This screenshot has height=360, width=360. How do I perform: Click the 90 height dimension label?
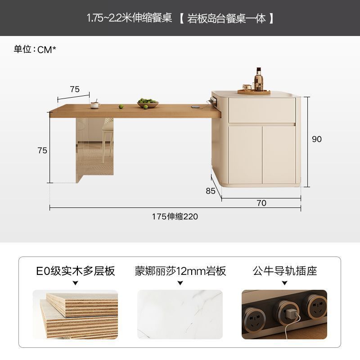(317, 139)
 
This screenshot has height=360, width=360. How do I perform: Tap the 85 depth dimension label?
(210, 191)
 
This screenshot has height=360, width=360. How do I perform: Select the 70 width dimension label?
(261, 203)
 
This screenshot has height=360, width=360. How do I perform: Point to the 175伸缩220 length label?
(175, 216)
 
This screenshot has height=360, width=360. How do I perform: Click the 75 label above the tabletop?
(75, 89)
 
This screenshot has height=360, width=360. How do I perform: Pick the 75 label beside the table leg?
(42, 150)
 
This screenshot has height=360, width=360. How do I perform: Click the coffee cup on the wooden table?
(95, 105)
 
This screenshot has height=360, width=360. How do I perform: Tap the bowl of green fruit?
(148, 103)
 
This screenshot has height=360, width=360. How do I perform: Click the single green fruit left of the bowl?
(121, 107)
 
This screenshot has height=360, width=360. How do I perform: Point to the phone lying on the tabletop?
(196, 107)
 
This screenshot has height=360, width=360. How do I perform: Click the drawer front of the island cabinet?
(262, 110)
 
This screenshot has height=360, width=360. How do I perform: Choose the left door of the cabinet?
(245, 155)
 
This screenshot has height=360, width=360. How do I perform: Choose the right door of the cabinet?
(279, 155)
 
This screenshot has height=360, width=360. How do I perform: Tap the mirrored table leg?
(94, 150)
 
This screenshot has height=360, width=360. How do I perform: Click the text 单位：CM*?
(35, 49)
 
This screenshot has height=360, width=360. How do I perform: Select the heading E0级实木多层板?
(75, 271)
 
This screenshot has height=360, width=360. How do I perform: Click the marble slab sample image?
(180, 314)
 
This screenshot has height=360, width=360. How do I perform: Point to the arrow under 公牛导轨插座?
(285, 283)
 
